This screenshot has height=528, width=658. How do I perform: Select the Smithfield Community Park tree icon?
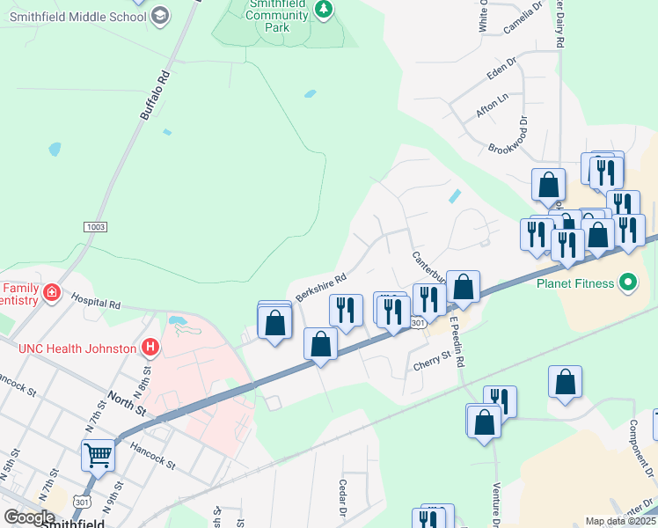click(325, 9)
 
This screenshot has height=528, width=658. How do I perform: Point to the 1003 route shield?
click(96, 227)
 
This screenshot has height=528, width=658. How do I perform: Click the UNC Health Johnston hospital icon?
click(150, 348)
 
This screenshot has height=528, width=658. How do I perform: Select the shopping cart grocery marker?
click(98, 455)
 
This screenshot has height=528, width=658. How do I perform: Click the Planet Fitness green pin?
click(627, 283)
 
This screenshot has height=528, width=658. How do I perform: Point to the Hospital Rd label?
click(98, 303)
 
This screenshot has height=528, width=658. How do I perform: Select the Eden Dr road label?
click(502, 72)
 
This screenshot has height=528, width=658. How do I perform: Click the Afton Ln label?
click(492, 106)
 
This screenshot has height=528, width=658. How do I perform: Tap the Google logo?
click(29, 517)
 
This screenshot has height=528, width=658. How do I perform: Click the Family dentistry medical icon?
click(52, 292)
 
